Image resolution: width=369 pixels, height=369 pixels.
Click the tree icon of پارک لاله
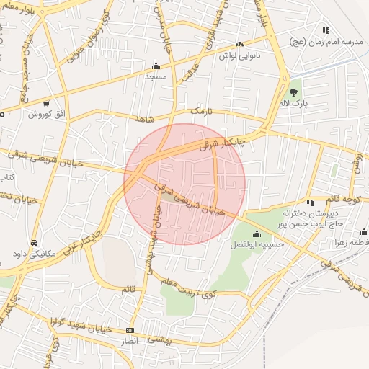point(293,92)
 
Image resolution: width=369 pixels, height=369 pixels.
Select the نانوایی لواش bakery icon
point(240,44)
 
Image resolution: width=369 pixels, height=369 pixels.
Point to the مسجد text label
point(156,76)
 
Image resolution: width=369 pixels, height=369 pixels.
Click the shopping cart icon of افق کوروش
point(47,103)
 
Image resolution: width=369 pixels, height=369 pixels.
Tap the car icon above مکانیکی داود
point(35,242)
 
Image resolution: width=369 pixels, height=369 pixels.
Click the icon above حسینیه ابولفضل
point(257,233)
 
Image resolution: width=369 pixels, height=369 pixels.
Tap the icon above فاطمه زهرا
point(364,231)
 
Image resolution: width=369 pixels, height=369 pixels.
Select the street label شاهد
point(144,117)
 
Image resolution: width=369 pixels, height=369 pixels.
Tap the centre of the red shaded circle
point(184,184)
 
